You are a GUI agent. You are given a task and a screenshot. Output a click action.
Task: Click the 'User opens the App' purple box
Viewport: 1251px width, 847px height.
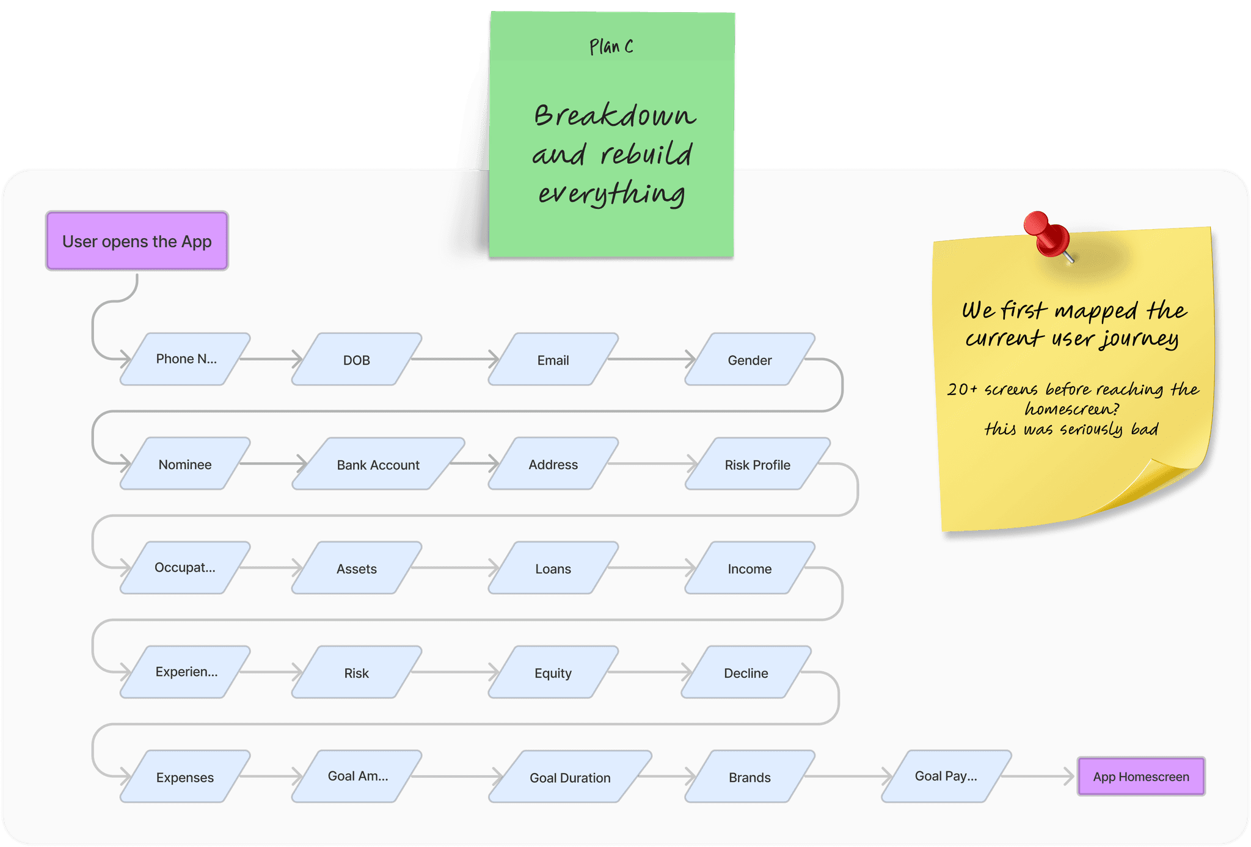click(137, 241)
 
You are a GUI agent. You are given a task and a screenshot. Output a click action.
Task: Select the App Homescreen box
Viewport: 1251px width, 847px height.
click(1140, 777)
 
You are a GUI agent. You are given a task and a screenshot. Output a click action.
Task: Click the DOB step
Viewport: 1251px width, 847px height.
click(357, 360)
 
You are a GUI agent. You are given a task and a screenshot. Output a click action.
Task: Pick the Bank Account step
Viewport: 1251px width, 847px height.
click(378, 464)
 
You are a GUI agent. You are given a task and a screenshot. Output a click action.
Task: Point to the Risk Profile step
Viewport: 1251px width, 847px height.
click(757, 464)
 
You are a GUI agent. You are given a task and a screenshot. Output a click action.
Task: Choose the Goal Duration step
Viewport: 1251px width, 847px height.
click(570, 777)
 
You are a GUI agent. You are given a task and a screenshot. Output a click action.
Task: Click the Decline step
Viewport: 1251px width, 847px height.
click(746, 672)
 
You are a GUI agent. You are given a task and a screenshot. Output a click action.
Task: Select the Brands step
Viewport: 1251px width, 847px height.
click(750, 777)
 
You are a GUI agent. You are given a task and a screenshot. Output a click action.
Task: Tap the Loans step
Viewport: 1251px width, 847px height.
click(553, 568)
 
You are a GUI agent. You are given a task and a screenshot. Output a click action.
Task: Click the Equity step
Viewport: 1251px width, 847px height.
click(553, 672)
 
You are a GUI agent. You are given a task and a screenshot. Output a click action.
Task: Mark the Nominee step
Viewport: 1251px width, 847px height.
click(185, 464)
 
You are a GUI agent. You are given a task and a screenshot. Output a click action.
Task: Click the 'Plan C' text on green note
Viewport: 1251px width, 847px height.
click(611, 47)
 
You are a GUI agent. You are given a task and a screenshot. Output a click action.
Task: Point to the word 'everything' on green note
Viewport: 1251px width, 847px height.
click(611, 194)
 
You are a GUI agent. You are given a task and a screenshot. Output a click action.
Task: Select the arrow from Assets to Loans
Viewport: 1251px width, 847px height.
click(455, 568)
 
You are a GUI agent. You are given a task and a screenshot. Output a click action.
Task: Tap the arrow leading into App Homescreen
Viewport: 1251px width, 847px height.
click(1038, 777)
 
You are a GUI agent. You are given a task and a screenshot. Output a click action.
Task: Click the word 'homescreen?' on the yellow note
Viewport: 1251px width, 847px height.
click(1071, 409)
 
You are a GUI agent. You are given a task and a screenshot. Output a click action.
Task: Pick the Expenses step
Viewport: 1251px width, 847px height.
click(185, 777)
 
